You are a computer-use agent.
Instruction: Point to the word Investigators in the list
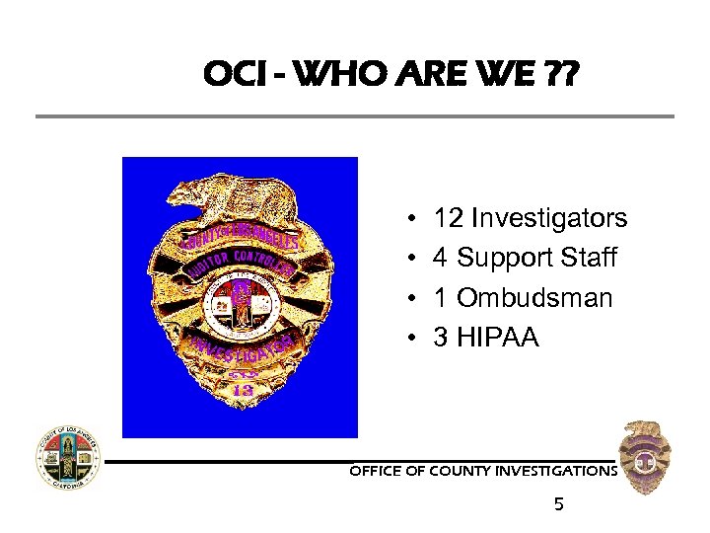(x=549, y=217)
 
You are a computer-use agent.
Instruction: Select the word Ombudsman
(x=535, y=298)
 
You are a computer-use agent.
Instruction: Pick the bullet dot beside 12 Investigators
(x=409, y=218)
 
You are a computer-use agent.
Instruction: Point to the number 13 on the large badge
(x=242, y=390)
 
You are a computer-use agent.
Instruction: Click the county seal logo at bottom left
(x=68, y=459)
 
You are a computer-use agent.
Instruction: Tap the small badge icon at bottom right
(x=647, y=457)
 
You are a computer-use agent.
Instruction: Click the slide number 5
(x=559, y=505)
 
